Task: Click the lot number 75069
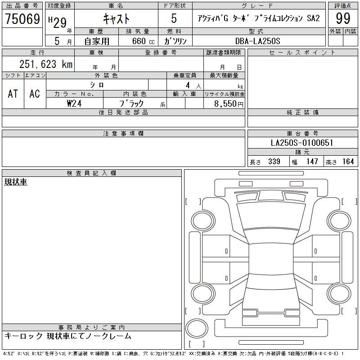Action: (22, 18)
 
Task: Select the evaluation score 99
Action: (343, 18)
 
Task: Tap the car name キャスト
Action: (117, 18)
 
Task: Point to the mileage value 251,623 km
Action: (46, 64)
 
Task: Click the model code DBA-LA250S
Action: (257, 41)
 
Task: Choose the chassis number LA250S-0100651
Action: (302, 143)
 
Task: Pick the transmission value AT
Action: (13, 94)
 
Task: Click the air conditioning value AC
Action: (35, 94)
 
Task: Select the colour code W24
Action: (74, 103)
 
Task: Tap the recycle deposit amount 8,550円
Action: (229, 104)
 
